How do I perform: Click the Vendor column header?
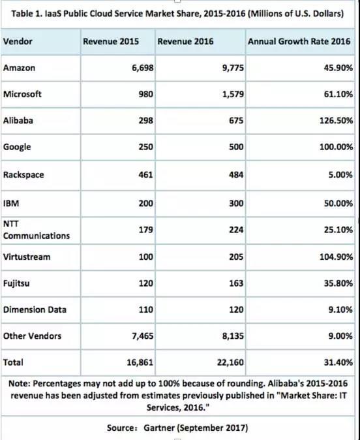[x=18, y=42]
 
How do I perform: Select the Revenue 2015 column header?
[x=111, y=42]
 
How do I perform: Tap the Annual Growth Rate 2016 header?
[x=299, y=42]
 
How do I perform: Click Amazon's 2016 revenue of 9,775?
[x=233, y=68]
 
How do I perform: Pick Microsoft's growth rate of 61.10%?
[x=338, y=94]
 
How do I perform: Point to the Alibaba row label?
[x=18, y=120]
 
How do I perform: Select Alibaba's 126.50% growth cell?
[x=336, y=120]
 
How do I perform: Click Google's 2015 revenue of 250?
[x=146, y=147]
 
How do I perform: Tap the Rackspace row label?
[x=23, y=174]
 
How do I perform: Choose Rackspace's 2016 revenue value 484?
[x=236, y=174]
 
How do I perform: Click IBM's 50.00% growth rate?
[x=338, y=203]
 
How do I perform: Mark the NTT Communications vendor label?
[x=36, y=230]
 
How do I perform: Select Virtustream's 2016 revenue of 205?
[x=236, y=257]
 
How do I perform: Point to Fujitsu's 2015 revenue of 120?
[x=146, y=283]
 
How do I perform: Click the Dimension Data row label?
[x=35, y=309]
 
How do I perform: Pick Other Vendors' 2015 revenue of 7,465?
[x=143, y=336]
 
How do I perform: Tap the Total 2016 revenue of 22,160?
[x=230, y=362]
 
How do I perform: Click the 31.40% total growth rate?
[x=338, y=362]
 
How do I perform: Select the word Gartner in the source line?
[x=159, y=428]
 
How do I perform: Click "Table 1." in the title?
[x=27, y=14]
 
